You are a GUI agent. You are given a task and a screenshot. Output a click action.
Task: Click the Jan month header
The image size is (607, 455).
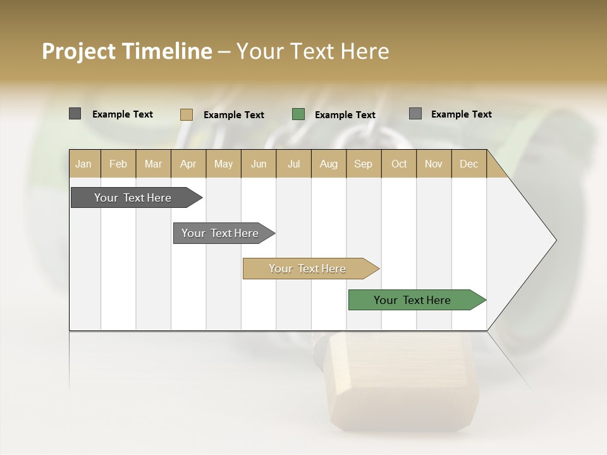coord(83,164)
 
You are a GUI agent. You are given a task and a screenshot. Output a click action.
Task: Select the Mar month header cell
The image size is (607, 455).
coord(153,164)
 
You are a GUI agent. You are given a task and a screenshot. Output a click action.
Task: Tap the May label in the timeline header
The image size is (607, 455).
coord(223,164)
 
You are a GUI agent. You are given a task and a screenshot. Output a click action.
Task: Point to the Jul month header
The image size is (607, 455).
coord(293,164)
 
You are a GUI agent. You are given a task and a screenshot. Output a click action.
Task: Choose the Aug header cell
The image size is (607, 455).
coord(328,164)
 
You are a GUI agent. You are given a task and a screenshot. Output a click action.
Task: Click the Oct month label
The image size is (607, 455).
coord(399,164)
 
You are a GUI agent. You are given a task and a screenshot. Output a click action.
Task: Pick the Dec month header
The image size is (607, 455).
coord(469,164)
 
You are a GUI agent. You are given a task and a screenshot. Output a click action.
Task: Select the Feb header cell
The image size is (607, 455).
coord(118,164)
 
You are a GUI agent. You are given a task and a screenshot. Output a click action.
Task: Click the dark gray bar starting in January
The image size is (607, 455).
coord(133,198)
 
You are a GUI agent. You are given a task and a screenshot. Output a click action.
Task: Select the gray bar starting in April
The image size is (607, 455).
coord(220,233)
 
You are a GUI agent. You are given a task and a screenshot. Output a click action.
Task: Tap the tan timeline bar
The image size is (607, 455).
coord(307,269)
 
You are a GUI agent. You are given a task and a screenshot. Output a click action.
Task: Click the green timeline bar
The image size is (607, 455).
coord(412,300)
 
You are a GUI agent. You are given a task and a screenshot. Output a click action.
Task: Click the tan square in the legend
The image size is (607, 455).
coord(186,114)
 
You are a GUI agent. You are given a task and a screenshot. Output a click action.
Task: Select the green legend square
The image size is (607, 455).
coord(298,114)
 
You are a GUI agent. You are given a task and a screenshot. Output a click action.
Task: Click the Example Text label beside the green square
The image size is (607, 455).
coord(345,115)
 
